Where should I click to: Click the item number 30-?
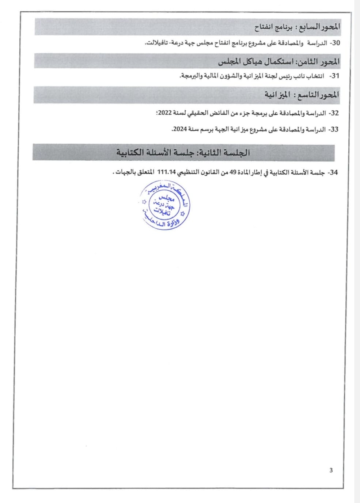[334, 43]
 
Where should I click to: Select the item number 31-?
[334, 76]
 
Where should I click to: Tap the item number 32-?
[334, 113]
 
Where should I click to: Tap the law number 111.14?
[165, 173]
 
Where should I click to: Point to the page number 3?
[331, 470]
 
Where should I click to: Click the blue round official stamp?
[166, 207]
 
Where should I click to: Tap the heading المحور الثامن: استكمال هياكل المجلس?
[278, 61]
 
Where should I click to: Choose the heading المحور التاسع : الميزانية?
[302, 95]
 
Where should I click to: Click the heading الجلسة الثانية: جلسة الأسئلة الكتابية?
[183, 152]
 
